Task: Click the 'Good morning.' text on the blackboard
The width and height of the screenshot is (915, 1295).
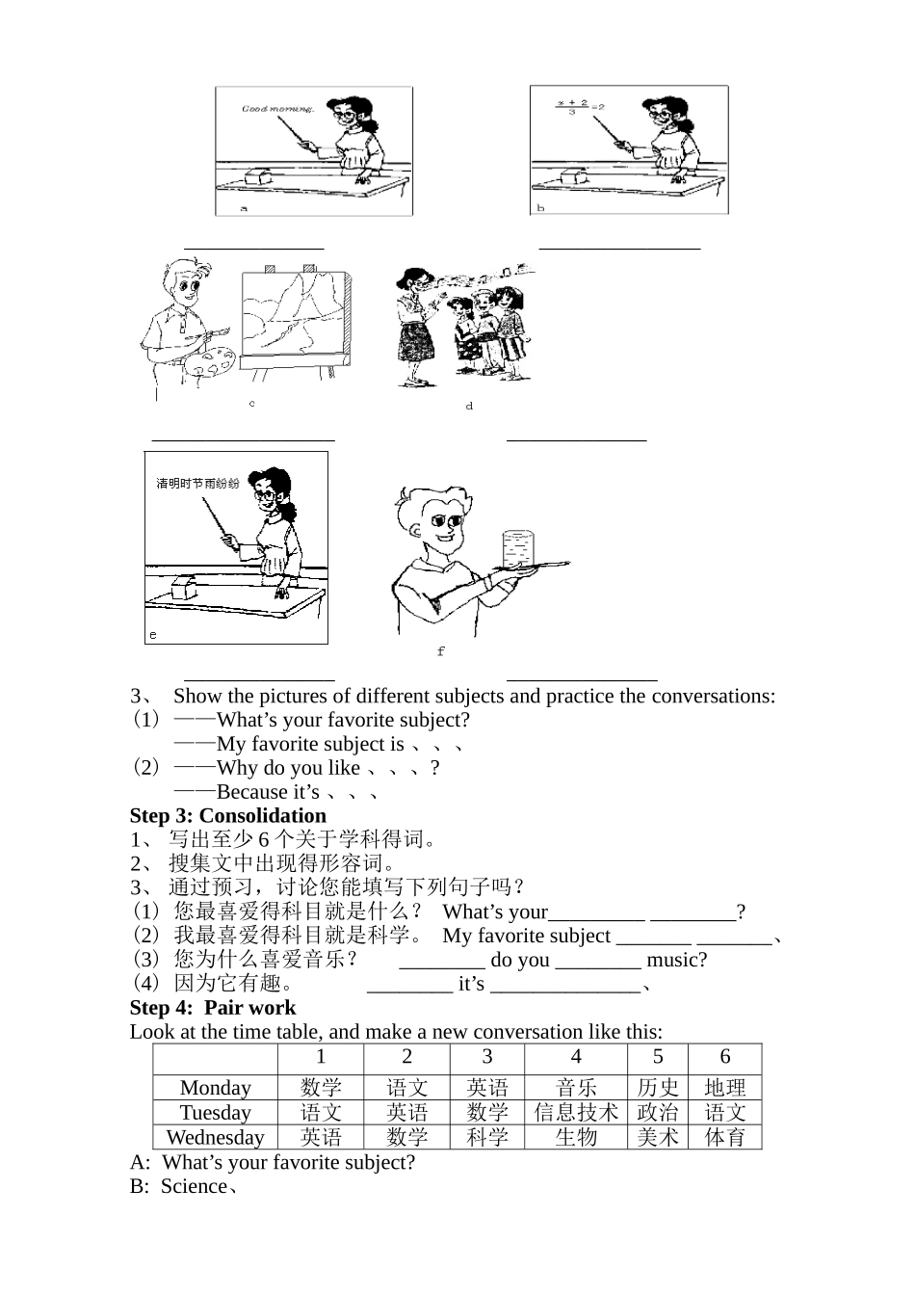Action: pos(277,109)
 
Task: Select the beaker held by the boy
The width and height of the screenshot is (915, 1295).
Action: pos(518,547)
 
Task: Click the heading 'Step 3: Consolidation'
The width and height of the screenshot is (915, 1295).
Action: pos(228,815)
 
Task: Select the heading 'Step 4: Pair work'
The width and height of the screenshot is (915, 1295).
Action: pos(213,1007)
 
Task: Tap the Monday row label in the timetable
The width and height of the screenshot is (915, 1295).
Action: pos(215,1088)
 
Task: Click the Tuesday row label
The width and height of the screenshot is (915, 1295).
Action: pos(215,1112)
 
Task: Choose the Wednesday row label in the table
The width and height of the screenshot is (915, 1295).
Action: pos(215,1137)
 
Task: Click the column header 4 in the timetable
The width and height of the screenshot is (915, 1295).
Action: pos(576,1057)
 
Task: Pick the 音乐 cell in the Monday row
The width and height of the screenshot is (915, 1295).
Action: pos(576,1088)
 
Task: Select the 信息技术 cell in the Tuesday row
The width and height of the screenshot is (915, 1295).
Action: pos(576,1112)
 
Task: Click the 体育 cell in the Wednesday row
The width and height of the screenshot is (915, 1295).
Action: pos(724,1137)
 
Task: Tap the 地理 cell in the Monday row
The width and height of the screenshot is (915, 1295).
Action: pos(724,1088)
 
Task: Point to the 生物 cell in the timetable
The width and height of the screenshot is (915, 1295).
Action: pos(576,1137)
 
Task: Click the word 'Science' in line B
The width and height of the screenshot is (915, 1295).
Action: pos(194,1186)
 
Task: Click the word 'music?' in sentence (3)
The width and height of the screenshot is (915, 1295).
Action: pos(676,960)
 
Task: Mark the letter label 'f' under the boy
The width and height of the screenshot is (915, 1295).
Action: pos(440,651)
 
